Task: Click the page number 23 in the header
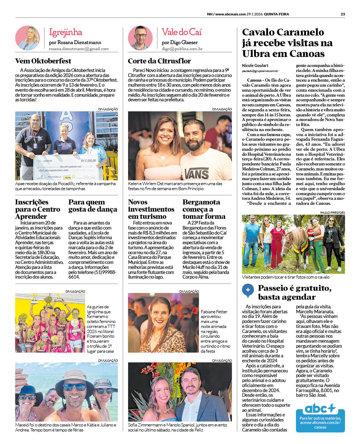(x=342, y=14)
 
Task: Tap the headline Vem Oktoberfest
(x=43, y=61)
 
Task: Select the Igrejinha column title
(x=65, y=32)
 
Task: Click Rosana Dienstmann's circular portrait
(x=28, y=38)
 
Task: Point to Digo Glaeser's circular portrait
(x=140, y=38)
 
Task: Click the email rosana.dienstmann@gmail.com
(x=79, y=49)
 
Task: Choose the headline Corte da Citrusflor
(x=159, y=61)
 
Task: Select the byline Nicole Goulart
(x=255, y=66)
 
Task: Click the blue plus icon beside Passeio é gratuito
(x=248, y=290)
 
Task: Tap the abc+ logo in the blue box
(x=320, y=409)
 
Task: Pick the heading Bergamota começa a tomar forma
(x=204, y=209)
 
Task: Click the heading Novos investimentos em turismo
(x=151, y=209)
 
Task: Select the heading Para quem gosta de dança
(x=92, y=206)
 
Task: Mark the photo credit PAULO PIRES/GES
(x=332, y=212)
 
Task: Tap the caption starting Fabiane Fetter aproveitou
(x=215, y=331)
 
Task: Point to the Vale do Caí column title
(x=181, y=32)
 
